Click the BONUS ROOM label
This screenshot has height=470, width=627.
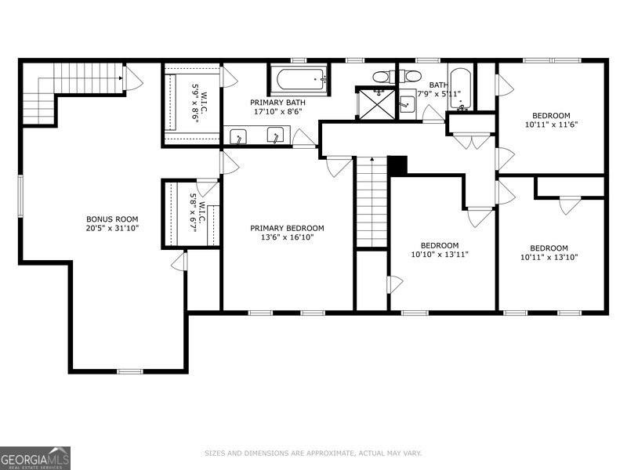(x=112, y=223)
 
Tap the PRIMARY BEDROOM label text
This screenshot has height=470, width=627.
(x=287, y=233)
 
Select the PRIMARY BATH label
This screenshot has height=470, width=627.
(x=277, y=107)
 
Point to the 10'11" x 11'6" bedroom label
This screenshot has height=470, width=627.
(x=552, y=119)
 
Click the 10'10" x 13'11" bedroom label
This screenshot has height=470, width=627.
(x=439, y=249)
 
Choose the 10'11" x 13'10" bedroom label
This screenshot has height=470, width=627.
(x=549, y=251)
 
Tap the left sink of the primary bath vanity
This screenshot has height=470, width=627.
(x=239, y=136)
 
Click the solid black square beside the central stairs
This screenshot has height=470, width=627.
(x=398, y=165)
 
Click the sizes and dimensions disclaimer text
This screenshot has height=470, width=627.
(x=313, y=453)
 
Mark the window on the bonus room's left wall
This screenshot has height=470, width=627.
(x=21, y=195)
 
